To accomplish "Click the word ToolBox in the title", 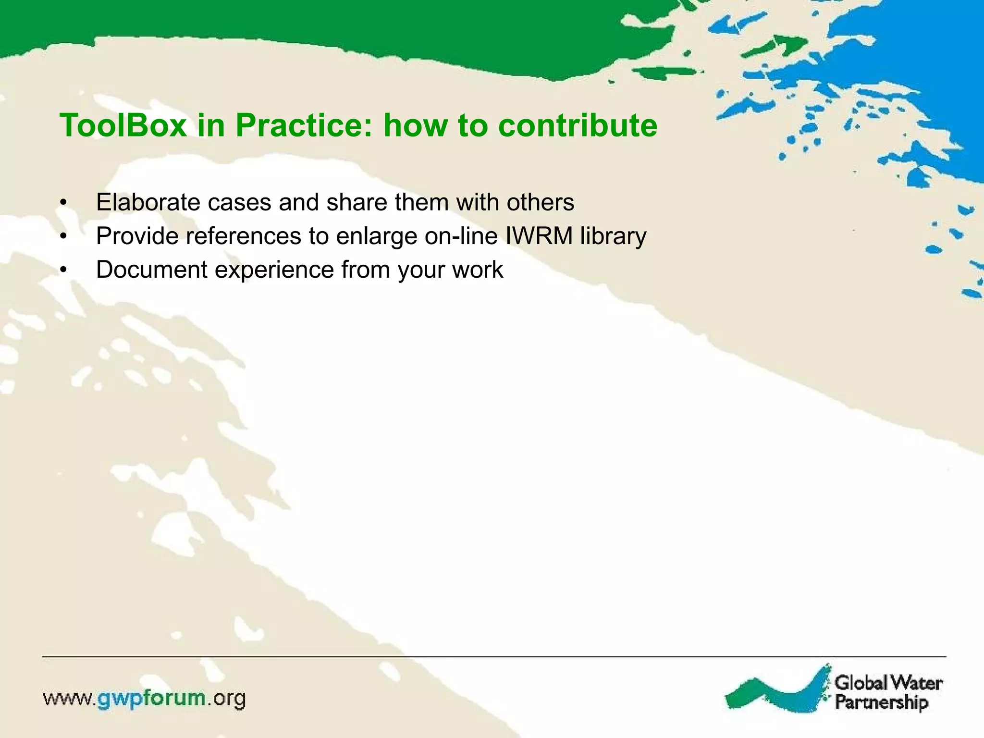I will coord(123,125).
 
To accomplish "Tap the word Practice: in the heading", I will coord(304,125).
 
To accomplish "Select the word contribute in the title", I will coord(578,125).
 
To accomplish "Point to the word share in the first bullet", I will coord(357,202).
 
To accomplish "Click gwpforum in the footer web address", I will coord(152,699).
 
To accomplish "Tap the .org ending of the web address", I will coord(227,699).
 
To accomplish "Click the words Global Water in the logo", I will coord(888,682).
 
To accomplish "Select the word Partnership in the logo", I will coord(881,702).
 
